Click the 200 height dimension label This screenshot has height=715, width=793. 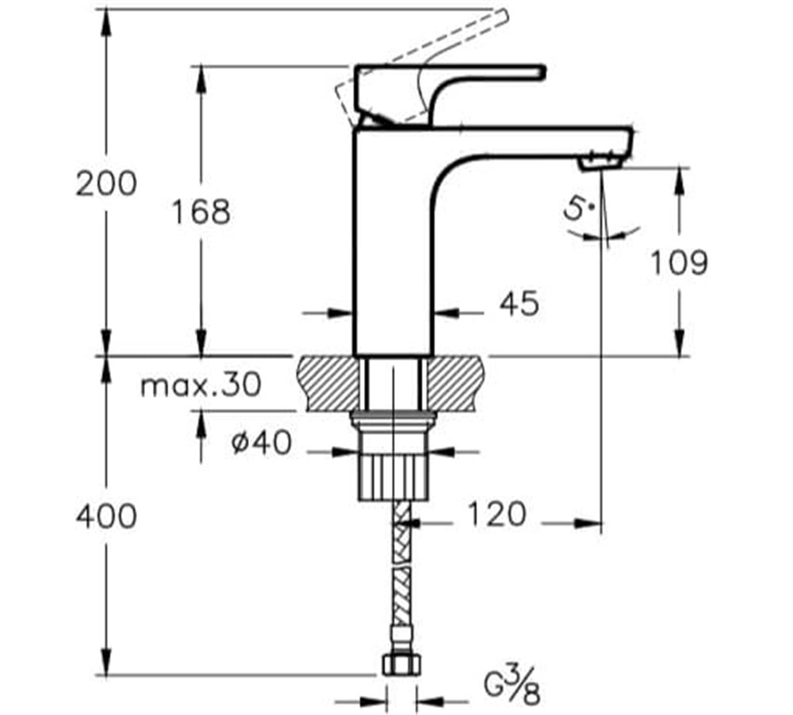[x=106, y=184]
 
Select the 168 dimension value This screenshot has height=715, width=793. [x=201, y=212]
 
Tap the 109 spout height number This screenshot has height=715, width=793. [x=679, y=262]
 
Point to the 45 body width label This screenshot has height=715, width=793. [x=519, y=303]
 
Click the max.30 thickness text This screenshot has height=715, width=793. [x=201, y=386]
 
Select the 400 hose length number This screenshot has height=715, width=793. [x=106, y=517]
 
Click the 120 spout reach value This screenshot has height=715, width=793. [x=495, y=514]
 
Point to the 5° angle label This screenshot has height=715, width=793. [x=577, y=210]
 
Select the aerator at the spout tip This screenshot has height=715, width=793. [x=600, y=163]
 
